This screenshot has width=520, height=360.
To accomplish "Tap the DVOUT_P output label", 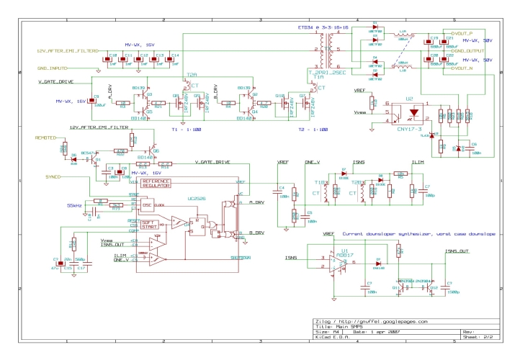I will pyautogui.click(x=461, y=33).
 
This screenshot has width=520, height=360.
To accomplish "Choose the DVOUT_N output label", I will pyautogui.click(x=461, y=69).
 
